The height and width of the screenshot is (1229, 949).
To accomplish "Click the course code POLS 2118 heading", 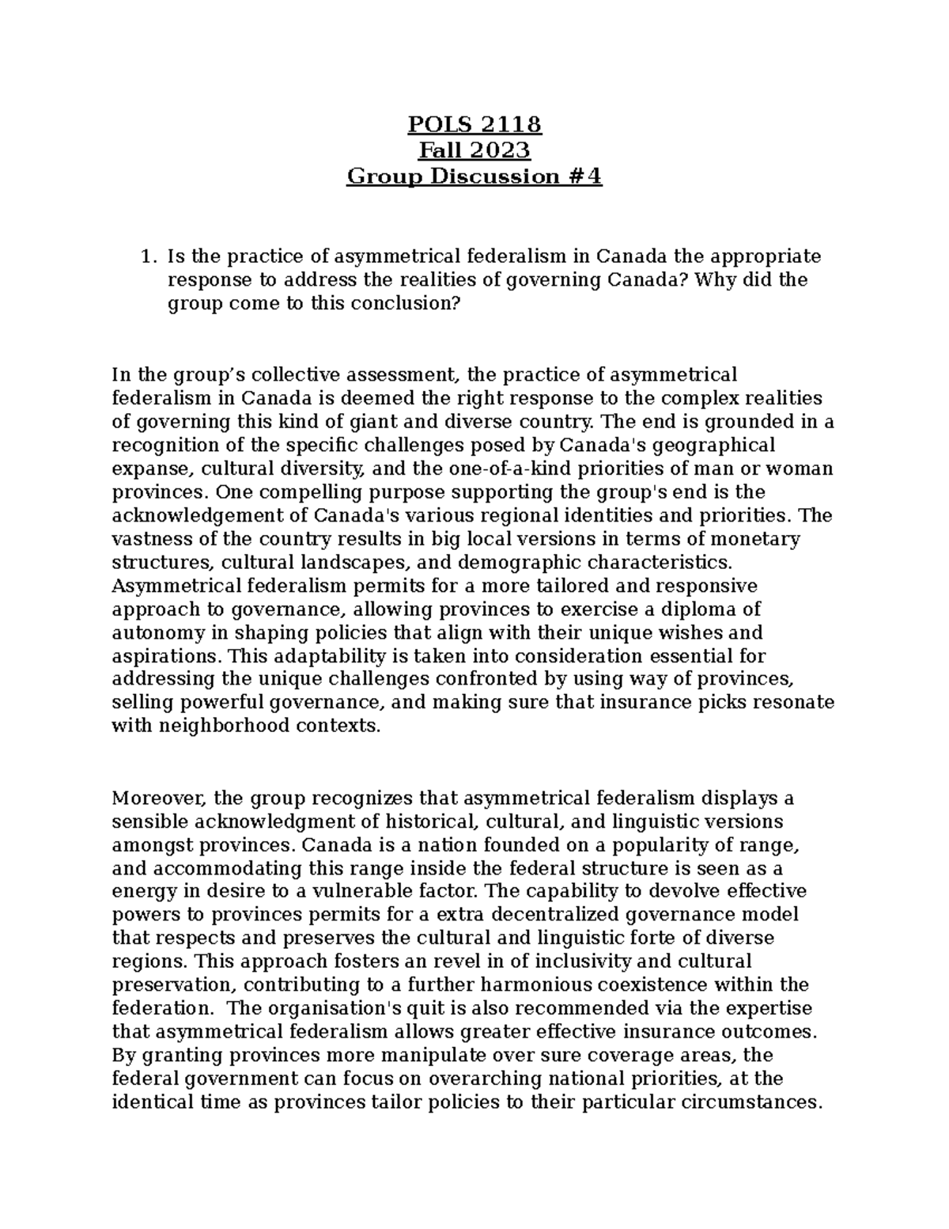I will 475,124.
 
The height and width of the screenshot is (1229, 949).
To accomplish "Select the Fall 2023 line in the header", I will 475,150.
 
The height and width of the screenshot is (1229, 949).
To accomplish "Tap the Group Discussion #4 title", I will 475,176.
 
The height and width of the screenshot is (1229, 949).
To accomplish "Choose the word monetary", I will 754,539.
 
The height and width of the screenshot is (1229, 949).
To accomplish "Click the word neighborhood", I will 225,726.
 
